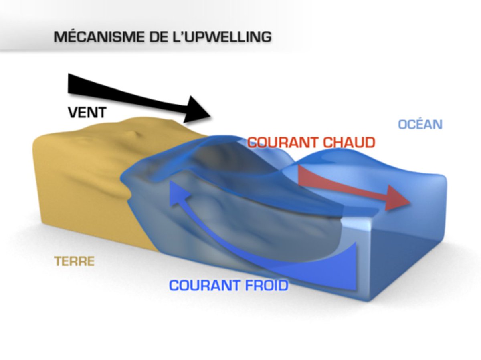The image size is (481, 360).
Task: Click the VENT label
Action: [x=87, y=113]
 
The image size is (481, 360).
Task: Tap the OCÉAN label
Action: [x=420, y=124]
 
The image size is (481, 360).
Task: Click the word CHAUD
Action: [x=353, y=143]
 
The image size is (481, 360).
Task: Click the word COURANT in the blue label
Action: [x=200, y=286]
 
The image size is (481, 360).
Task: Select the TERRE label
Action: [x=75, y=262]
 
